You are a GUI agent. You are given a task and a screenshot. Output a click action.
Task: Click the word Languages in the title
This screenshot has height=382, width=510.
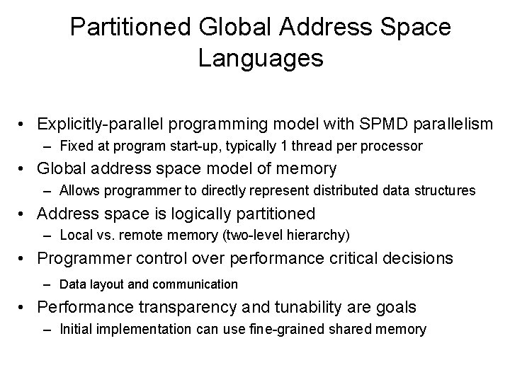[x=261, y=58]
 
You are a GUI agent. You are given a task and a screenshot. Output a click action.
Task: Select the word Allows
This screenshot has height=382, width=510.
[x=79, y=190]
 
